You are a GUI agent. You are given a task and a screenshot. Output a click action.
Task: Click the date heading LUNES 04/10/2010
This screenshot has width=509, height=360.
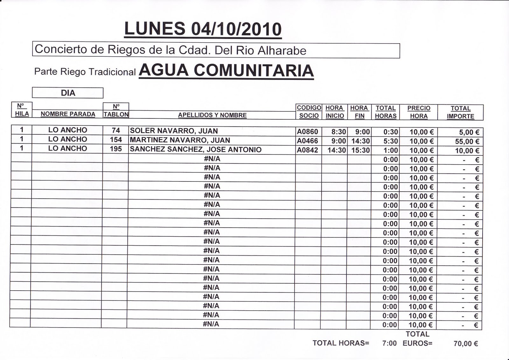(203, 29)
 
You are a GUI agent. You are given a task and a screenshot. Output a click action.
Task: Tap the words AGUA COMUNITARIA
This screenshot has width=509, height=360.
(226, 70)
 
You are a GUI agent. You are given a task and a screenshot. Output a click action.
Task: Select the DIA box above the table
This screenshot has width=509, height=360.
(68, 93)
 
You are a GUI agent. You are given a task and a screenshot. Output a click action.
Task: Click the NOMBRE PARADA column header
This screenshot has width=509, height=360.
(68, 114)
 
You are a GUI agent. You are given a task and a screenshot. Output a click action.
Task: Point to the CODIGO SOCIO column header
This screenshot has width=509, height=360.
(309, 112)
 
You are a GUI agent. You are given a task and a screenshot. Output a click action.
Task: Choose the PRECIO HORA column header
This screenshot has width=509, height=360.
(419, 112)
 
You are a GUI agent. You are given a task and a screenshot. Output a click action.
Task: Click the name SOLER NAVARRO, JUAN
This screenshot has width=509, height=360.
(174, 131)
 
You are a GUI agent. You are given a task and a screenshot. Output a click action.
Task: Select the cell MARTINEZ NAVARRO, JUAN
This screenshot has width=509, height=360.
(180, 140)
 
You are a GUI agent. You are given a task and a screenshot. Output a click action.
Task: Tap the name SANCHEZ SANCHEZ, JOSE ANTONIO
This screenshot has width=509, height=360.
(196, 149)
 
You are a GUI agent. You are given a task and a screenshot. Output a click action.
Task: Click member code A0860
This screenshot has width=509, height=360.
(307, 131)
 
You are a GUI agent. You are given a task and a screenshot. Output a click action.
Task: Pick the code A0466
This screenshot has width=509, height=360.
(307, 141)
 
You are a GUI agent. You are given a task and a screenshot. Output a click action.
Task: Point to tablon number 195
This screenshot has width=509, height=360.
(116, 149)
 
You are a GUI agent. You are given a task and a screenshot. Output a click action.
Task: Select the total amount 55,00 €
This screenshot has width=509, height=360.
(467, 141)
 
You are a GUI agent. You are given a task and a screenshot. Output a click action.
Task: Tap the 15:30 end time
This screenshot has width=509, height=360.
(360, 150)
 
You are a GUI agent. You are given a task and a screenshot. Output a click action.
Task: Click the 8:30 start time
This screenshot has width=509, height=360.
(338, 132)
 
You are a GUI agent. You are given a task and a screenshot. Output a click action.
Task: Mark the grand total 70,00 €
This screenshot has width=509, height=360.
(466, 343)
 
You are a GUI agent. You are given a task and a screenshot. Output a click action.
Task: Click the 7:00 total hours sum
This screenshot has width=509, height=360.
(389, 343)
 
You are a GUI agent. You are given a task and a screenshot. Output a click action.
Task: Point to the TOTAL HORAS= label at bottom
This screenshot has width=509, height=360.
(341, 343)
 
